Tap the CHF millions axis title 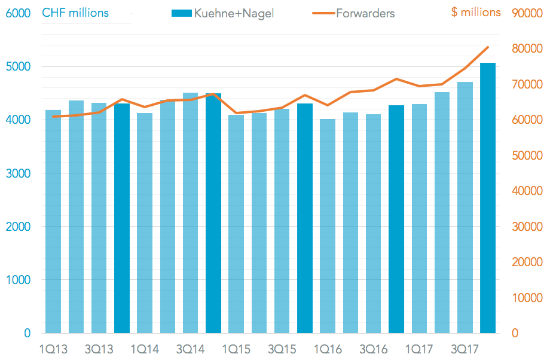point(75,13)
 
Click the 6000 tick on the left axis point(19,13)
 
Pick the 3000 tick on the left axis point(19,173)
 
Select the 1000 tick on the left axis point(19,280)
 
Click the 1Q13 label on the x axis point(53,349)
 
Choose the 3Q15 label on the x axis point(282,349)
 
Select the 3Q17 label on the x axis point(465,349)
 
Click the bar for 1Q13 point(53,221)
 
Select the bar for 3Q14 point(191,213)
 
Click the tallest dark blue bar point(488,197)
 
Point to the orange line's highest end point point(488,47)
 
